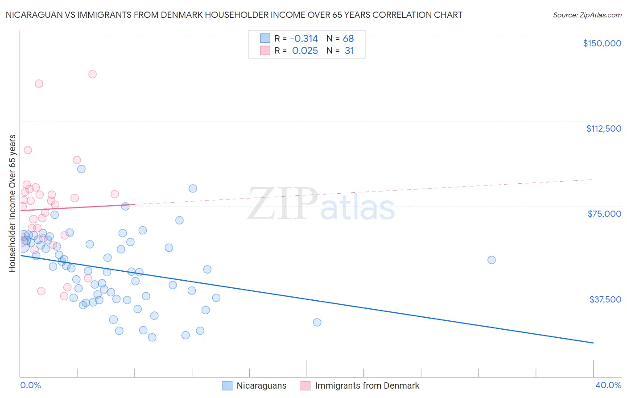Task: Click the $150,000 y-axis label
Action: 602,43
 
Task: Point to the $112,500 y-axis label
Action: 603,129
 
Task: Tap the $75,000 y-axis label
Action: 604,214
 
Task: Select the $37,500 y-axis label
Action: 605,299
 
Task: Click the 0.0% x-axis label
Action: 30,385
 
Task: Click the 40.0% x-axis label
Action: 608,385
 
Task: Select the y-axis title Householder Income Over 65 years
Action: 12,203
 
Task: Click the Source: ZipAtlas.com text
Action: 587,15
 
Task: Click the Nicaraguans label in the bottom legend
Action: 261,386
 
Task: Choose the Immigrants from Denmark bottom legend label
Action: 367,386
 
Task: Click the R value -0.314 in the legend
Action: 304,39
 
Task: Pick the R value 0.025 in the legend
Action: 305,51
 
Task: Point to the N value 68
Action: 348,39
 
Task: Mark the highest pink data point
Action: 92,74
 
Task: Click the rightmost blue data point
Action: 491,260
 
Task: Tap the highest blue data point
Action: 81,169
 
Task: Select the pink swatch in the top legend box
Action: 265,50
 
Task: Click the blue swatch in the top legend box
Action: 265,38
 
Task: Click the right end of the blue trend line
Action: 593,343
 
